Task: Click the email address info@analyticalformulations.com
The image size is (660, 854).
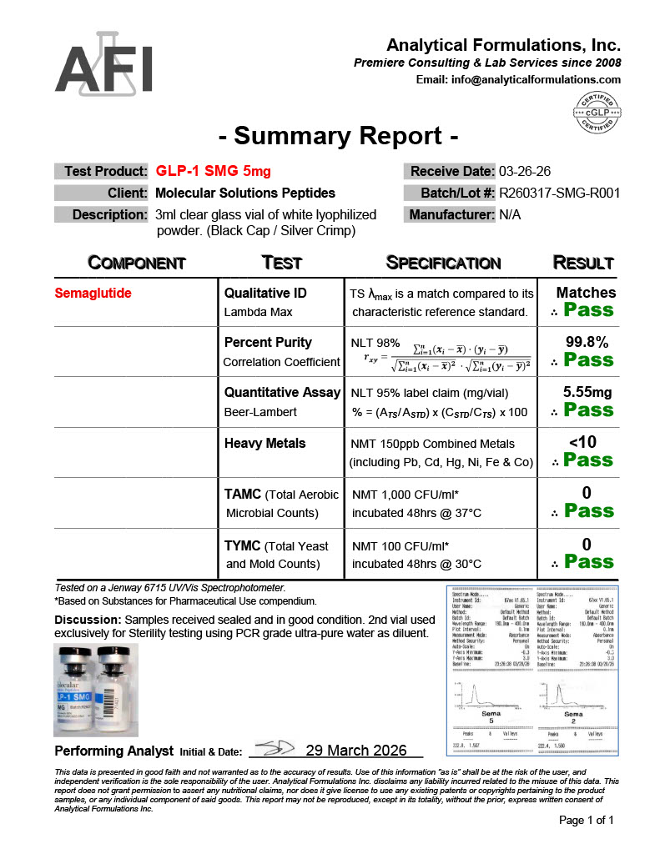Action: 518,80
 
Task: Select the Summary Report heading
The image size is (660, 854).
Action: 338,135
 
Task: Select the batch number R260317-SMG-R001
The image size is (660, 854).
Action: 559,193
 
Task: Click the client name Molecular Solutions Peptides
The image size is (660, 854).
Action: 245,193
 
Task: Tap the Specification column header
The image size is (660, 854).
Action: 443,263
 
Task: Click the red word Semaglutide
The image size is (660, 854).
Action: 93,294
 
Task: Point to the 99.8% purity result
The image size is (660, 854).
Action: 586,342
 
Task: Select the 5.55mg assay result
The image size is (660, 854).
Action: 587,392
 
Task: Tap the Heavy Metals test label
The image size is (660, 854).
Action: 265,444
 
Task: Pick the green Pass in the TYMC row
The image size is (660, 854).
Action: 588,562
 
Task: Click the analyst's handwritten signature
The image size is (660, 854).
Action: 270,748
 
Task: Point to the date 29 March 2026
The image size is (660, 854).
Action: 356,750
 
